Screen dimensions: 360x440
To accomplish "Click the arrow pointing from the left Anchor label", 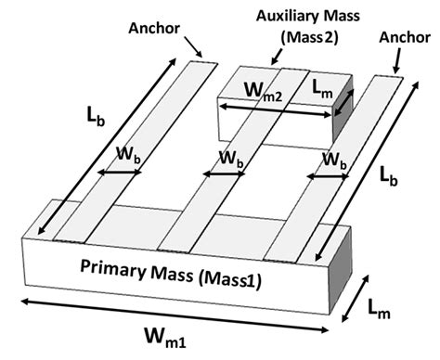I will click(x=193, y=45).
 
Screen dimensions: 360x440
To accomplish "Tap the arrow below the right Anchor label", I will click(x=396, y=63).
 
